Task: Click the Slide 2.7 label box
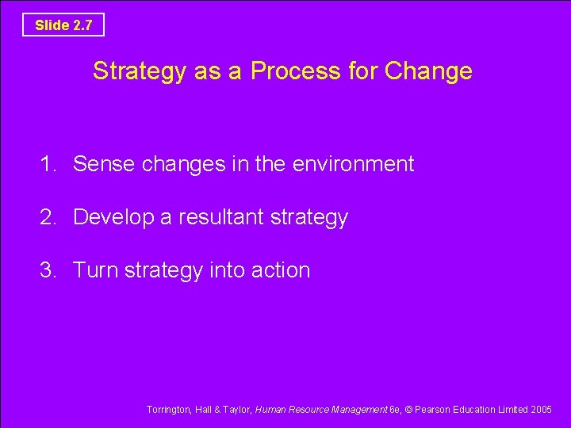[x=63, y=25]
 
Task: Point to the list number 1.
[x=49, y=164]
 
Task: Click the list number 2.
[x=49, y=217]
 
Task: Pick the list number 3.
[x=49, y=270]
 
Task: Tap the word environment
[x=353, y=164]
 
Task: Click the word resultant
[x=218, y=217]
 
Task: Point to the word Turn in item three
[x=95, y=270]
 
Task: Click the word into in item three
[x=227, y=270]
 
